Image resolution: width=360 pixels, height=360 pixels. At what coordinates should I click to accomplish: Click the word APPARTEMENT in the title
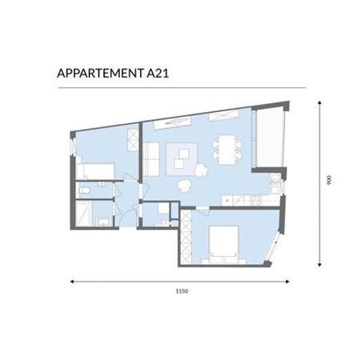[96, 74]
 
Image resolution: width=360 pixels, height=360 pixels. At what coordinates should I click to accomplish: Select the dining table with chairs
[227, 149]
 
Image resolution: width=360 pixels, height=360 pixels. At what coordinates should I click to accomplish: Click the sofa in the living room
[150, 157]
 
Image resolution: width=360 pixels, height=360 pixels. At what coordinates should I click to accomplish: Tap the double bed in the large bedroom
[223, 242]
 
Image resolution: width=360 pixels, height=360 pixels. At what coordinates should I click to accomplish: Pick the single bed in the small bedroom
[96, 170]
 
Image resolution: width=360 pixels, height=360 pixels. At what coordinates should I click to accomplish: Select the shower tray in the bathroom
[83, 215]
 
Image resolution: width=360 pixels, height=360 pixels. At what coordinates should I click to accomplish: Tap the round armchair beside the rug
[202, 169]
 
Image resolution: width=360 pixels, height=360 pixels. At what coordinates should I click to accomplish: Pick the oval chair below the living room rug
[185, 185]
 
